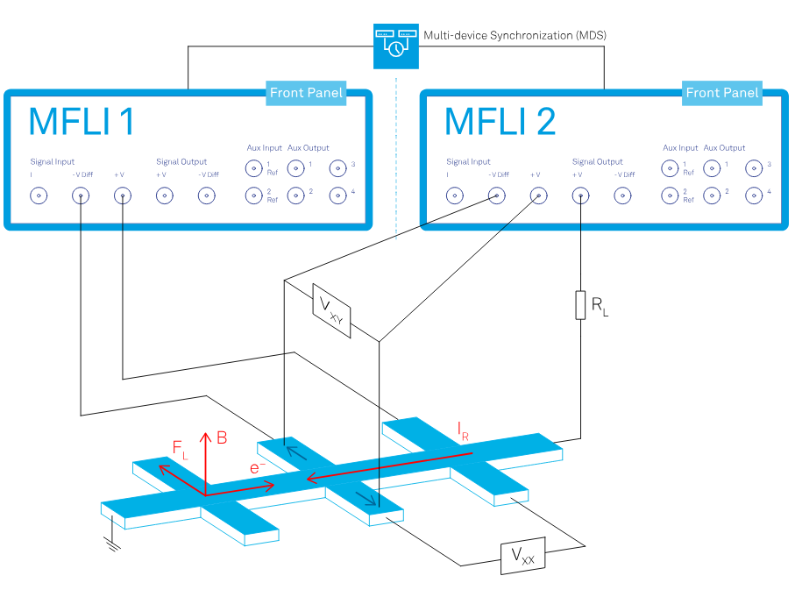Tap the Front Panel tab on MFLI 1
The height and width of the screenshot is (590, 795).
(306, 92)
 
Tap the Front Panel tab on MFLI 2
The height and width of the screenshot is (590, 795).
(722, 92)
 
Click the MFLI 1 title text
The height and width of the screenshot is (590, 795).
(82, 123)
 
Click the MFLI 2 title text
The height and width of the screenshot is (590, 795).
(500, 123)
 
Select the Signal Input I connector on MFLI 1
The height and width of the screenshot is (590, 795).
(39, 195)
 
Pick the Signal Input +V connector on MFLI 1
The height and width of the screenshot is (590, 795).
(122, 195)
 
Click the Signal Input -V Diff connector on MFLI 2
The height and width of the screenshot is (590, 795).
(497, 195)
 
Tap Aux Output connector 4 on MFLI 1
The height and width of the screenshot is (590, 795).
(338, 195)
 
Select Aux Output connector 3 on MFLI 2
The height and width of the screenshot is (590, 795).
(755, 167)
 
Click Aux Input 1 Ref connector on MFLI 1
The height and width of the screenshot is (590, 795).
(253, 167)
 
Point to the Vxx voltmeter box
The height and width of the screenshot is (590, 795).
(522, 556)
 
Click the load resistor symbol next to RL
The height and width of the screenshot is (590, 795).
(579, 306)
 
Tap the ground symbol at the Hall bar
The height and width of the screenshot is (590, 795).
(111, 545)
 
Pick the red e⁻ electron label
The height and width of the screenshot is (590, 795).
(257, 468)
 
